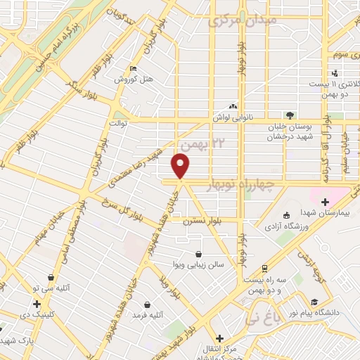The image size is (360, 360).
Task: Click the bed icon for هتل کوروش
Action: click(133, 68)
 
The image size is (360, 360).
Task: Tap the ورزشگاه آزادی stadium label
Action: click(283, 226)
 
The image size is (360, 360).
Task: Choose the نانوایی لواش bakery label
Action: click(233, 117)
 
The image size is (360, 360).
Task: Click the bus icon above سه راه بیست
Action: click(264, 268)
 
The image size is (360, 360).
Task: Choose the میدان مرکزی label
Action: click(243, 20)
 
